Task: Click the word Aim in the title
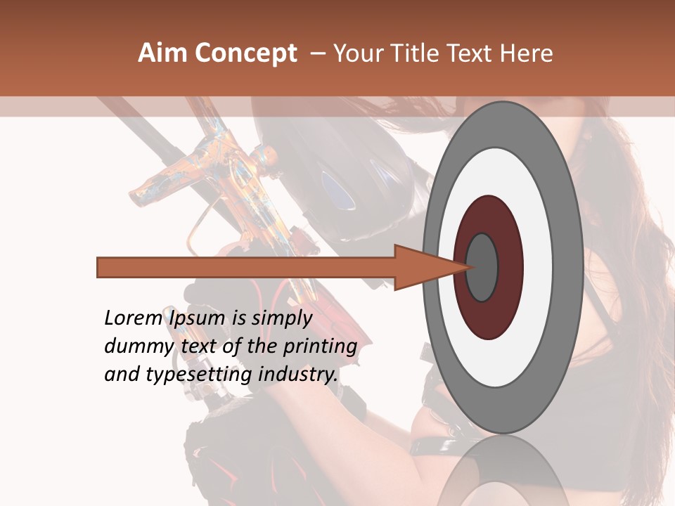[162, 53]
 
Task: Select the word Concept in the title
[245, 53]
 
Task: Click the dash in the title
[318, 53]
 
